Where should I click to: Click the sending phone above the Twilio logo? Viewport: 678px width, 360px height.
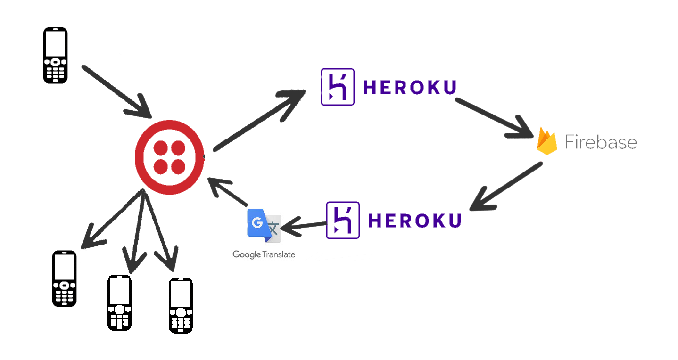click(x=55, y=55)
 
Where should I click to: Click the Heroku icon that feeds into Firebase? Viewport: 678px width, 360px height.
click(x=337, y=87)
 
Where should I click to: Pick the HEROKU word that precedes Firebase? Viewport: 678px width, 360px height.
click(x=410, y=87)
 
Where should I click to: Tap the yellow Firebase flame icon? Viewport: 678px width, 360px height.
click(x=547, y=141)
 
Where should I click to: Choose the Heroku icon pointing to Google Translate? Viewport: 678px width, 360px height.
click(x=343, y=220)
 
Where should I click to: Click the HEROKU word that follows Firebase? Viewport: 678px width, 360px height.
click(x=414, y=220)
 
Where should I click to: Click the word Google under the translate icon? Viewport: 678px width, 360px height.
click(x=246, y=255)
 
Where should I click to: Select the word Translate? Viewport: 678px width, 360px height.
click(x=279, y=254)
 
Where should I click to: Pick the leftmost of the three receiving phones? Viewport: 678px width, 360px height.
click(x=64, y=278)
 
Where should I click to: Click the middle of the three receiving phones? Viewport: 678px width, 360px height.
click(x=119, y=303)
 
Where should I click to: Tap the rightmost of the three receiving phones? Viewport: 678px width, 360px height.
click(x=181, y=305)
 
